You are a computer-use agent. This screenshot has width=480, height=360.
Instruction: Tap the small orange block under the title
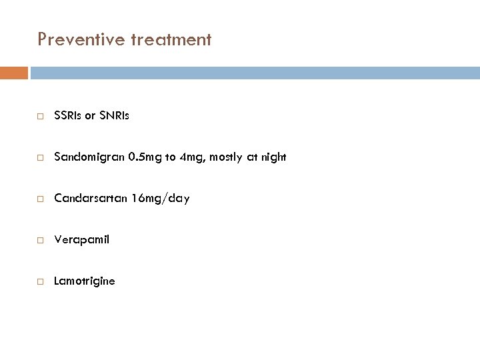pyautogui.click(x=14, y=72)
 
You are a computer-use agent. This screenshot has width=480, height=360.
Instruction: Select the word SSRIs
pyautogui.click(x=67, y=116)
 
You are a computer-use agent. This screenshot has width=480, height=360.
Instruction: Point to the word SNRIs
pyautogui.click(x=114, y=116)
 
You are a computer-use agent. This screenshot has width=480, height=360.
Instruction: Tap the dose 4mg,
pyautogui.click(x=187, y=158)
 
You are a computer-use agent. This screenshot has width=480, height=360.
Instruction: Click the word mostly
pyautogui.click(x=224, y=157)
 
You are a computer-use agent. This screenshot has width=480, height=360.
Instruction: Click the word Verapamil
pyautogui.click(x=81, y=240)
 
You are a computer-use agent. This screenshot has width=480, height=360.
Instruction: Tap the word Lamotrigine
pyautogui.click(x=84, y=281)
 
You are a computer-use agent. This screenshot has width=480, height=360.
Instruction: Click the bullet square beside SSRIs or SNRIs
pyautogui.click(x=41, y=117)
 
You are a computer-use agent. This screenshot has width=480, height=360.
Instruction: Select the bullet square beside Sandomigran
pyautogui.click(x=41, y=158)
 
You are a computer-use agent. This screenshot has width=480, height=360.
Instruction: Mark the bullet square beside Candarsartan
pyautogui.click(x=41, y=199)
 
